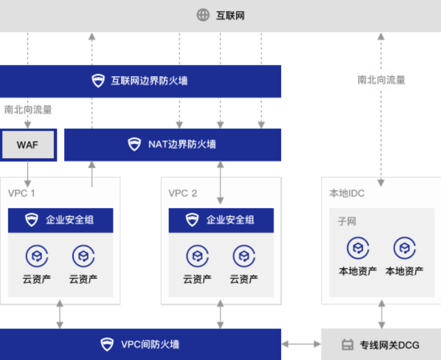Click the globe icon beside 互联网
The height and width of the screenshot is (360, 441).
tap(203, 15)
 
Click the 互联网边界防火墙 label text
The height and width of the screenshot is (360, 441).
tap(149, 80)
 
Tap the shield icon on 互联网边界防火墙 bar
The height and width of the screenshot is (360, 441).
tap(98, 80)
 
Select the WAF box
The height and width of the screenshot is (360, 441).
tap(28, 145)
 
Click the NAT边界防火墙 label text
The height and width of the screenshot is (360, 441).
tap(182, 144)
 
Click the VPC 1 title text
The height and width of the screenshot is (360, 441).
tap(21, 193)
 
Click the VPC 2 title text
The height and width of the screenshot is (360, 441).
tap(182, 193)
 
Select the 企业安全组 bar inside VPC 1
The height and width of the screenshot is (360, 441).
tap(60, 220)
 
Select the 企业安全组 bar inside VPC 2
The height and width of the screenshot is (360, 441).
tap(221, 220)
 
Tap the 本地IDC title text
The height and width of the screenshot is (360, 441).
tap(346, 193)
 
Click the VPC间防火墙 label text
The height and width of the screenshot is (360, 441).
tap(150, 344)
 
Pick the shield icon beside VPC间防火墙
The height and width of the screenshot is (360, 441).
tap(106, 344)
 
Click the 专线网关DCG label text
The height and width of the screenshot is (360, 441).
tap(389, 345)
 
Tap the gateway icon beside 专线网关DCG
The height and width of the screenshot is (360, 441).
tap(347, 345)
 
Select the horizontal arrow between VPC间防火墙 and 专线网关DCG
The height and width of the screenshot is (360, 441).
tap(300, 344)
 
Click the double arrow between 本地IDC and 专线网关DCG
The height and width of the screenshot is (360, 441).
tap(381, 314)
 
